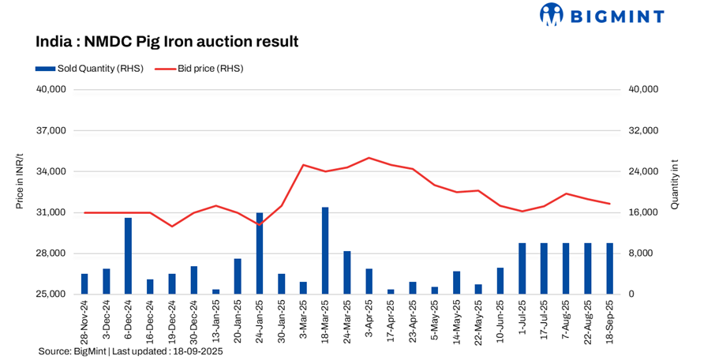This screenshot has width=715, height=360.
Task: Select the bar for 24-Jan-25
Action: [260, 253]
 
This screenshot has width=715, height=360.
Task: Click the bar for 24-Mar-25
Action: [346, 272]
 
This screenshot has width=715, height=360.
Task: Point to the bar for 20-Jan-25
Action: [238, 276]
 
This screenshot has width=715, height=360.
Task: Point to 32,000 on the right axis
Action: [642, 130]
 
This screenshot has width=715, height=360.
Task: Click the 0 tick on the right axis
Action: [630, 294]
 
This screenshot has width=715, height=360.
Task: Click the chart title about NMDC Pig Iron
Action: [167, 41]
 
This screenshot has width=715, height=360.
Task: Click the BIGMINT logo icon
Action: [551, 14]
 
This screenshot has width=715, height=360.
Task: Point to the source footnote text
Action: [130, 351]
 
